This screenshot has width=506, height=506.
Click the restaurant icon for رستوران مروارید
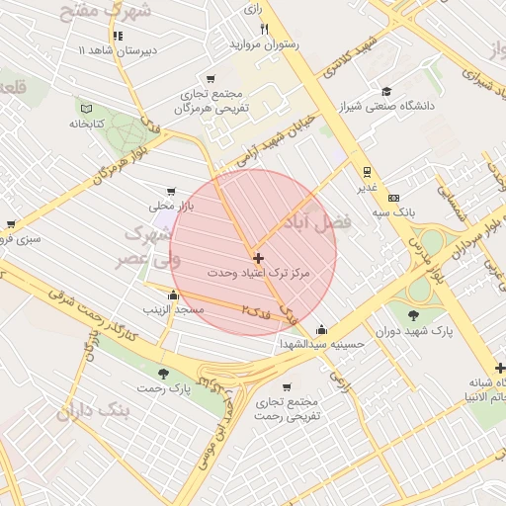[x=264, y=29]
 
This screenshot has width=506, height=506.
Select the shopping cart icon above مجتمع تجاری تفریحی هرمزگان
[x=211, y=79]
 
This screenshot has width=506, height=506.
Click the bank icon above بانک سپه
[x=393, y=198]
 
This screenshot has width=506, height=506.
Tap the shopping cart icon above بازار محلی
[x=172, y=192]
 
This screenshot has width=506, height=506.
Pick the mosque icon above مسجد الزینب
[x=174, y=295]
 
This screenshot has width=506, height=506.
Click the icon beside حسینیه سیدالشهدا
[x=321, y=330]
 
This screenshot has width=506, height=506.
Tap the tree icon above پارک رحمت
[x=163, y=374]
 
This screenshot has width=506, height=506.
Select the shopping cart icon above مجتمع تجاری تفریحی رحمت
[x=287, y=387]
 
